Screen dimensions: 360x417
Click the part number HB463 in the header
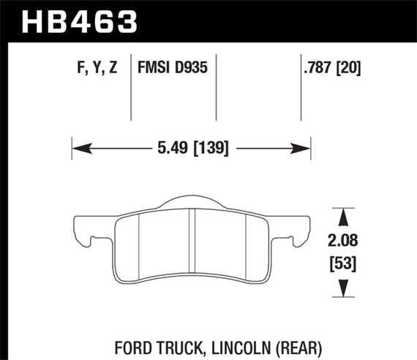[80, 20]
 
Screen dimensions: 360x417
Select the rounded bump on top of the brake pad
[191, 203]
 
